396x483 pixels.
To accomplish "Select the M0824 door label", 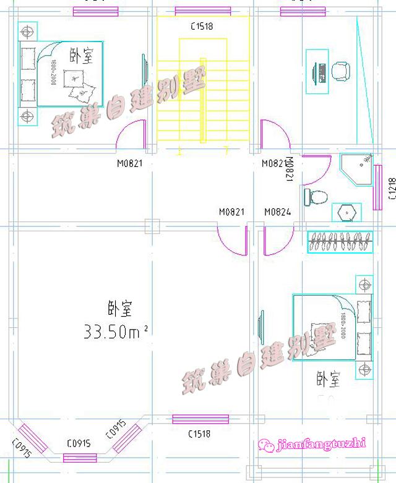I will tap(278, 212).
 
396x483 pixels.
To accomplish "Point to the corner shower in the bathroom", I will tap(358, 169).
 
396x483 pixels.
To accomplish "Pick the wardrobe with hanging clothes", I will tap(340, 241).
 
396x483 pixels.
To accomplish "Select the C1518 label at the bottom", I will tap(199, 434).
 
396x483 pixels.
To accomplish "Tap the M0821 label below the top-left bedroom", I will tap(130, 164).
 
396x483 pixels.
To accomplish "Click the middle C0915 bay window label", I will tap(79, 443).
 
